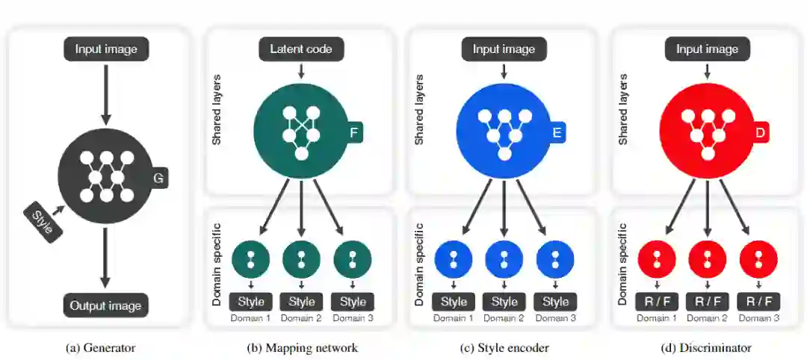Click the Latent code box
pos(301,49)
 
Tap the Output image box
pos(105,305)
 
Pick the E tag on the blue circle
pos(557,134)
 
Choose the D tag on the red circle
pos(761,134)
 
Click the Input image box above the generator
pos(105,49)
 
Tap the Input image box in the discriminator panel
pos(707,49)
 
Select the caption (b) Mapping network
pos(302,347)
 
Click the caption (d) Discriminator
pos(706,347)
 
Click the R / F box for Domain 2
pos(706,302)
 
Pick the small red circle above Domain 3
pos(758,258)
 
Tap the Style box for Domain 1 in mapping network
pos(250,302)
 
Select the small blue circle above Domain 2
pos(504,258)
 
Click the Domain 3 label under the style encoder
pos(555,318)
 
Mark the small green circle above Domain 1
pos(250,258)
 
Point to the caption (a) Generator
pos(101,347)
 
